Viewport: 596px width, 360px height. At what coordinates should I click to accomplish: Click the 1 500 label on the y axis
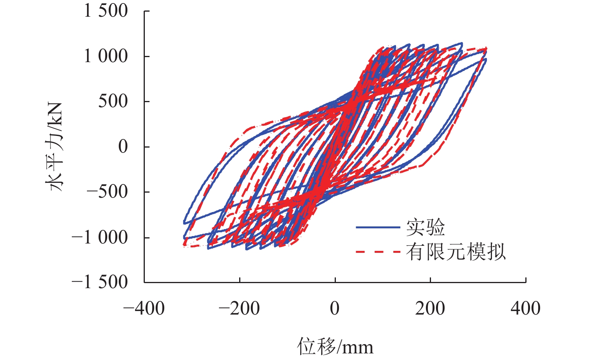point(106,11)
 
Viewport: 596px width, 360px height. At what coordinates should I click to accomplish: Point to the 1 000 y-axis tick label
point(106,56)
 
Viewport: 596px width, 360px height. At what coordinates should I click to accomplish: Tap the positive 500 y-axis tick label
point(113,101)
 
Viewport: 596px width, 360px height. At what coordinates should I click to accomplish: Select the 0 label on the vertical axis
point(123,147)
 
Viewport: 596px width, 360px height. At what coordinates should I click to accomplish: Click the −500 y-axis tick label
point(107,192)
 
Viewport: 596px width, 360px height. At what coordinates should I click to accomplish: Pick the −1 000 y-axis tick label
point(99,237)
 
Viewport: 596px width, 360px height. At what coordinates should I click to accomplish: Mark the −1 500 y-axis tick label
point(99,282)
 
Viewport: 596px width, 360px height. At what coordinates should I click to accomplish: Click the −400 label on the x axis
point(144,309)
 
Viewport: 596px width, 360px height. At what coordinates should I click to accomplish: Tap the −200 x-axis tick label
point(239,309)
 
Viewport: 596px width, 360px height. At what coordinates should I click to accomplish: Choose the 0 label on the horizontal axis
point(335,309)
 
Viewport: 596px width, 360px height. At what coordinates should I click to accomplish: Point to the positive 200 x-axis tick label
point(430,309)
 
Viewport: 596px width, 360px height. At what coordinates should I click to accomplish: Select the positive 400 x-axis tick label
point(525,309)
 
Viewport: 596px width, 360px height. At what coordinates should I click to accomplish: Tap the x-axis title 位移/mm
point(335,346)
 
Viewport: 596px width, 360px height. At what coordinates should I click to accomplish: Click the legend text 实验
point(426,228)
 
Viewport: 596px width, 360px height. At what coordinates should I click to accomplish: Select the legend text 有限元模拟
point(456,252)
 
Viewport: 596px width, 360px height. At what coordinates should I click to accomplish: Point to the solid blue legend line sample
point(378,228)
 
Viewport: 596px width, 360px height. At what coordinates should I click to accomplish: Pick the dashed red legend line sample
point(378,252)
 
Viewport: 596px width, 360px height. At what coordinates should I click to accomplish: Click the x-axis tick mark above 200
point(430,280)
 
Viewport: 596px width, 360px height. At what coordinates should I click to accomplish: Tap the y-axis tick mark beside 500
point(147,101)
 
